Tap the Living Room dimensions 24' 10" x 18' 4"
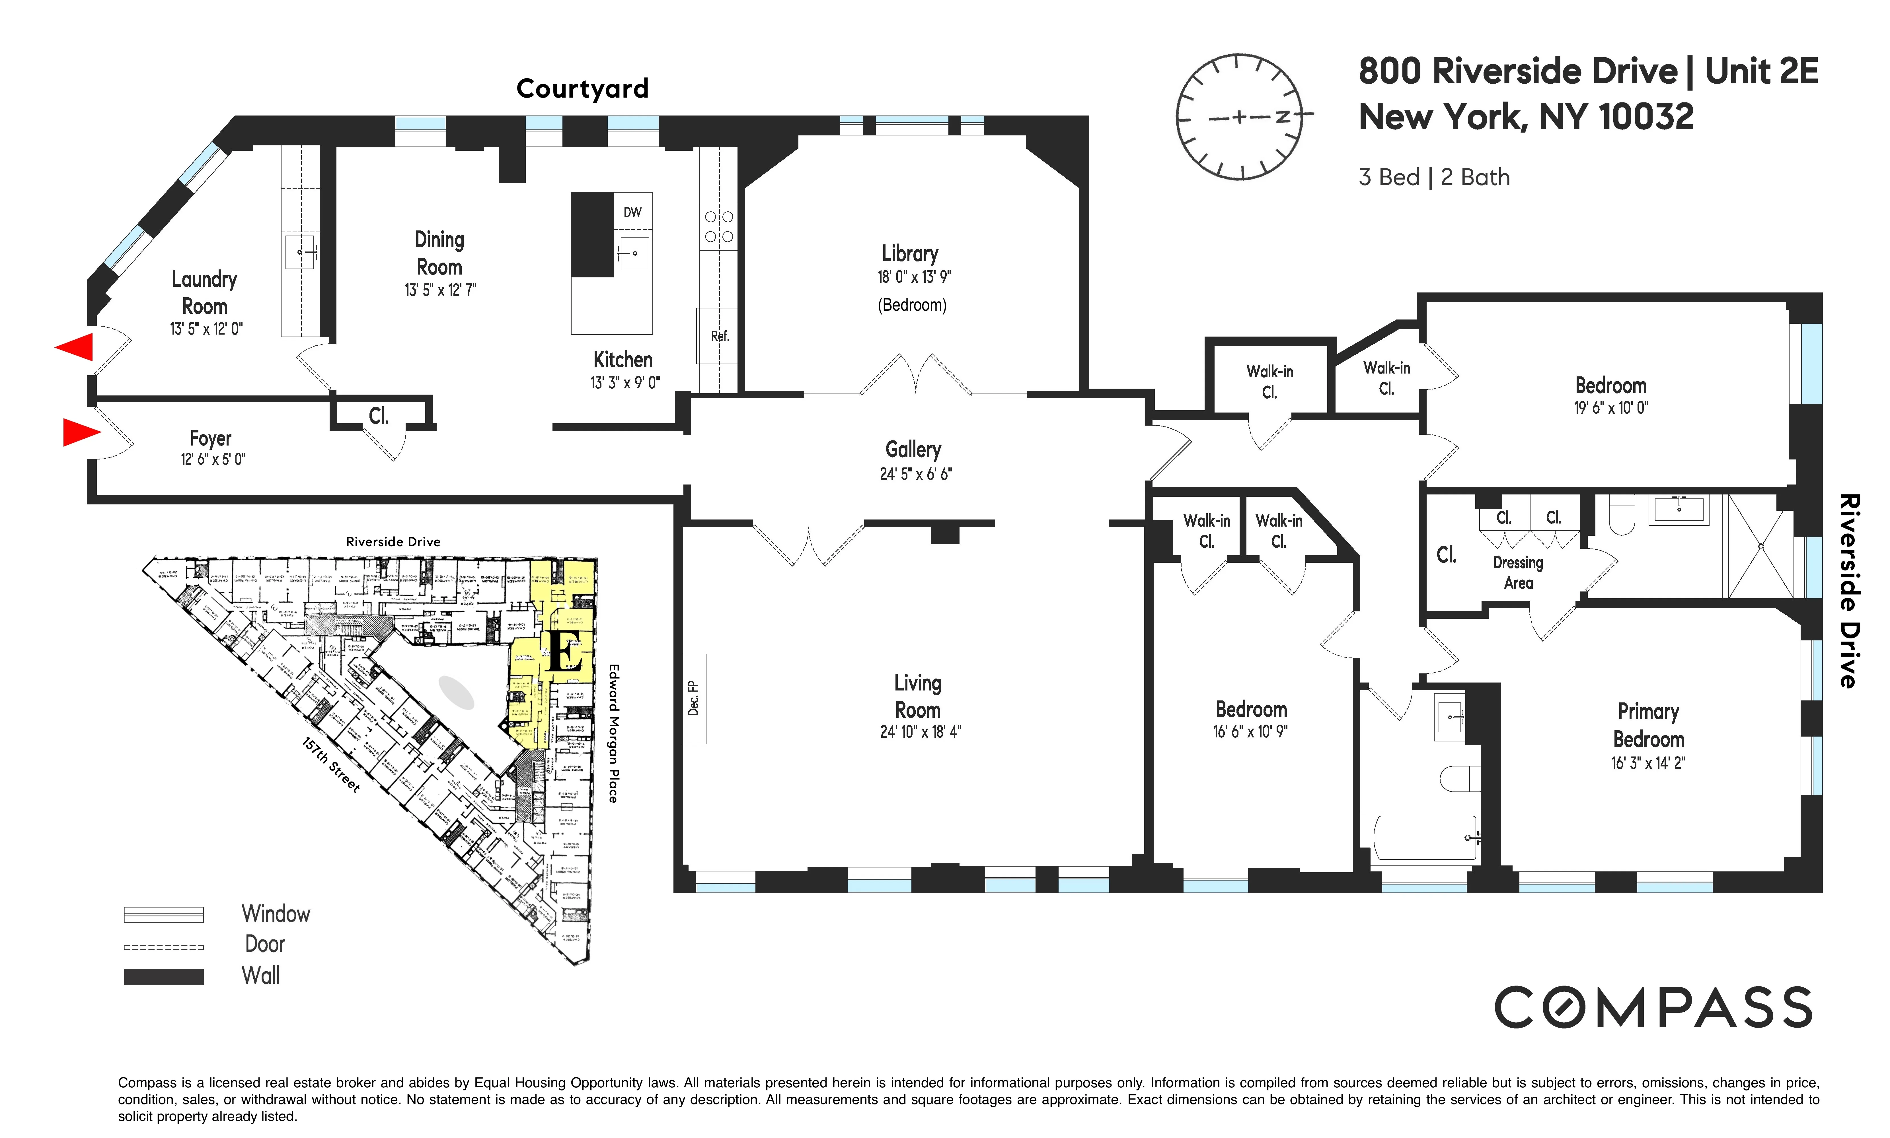920,731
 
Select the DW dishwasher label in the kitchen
632,213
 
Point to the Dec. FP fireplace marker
694,698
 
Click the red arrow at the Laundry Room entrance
75,347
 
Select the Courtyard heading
582,89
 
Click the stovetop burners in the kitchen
719,227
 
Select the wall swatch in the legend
163,976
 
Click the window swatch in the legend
163,914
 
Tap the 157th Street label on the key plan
330,764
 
